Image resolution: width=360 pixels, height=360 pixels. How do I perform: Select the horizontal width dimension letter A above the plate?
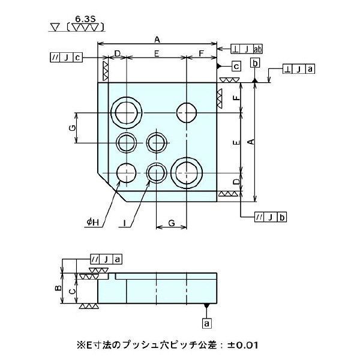click(x=157, y=39)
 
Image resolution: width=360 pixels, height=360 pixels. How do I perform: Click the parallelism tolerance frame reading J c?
click(x=66, y=58)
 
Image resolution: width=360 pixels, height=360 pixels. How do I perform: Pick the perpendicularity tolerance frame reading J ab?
click(x=247, y=49)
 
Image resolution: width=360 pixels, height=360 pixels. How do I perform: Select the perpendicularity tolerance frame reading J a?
click(x=299, y=70)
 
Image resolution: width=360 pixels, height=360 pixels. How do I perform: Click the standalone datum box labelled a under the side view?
click(x=208, y=323)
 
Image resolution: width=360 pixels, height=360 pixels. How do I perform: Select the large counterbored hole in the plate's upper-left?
click(x=127, y=112)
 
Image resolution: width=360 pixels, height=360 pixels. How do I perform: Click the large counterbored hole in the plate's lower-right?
click(x=185, y=173)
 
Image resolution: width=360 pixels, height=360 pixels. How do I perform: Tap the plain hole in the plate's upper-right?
click(x=187, y=112)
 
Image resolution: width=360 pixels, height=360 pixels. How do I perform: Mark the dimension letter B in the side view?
click(x=58, y=288)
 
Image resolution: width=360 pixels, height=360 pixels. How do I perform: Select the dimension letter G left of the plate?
click(x=71, y=128)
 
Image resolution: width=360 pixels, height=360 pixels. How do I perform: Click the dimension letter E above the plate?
click(x=156, y=54)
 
